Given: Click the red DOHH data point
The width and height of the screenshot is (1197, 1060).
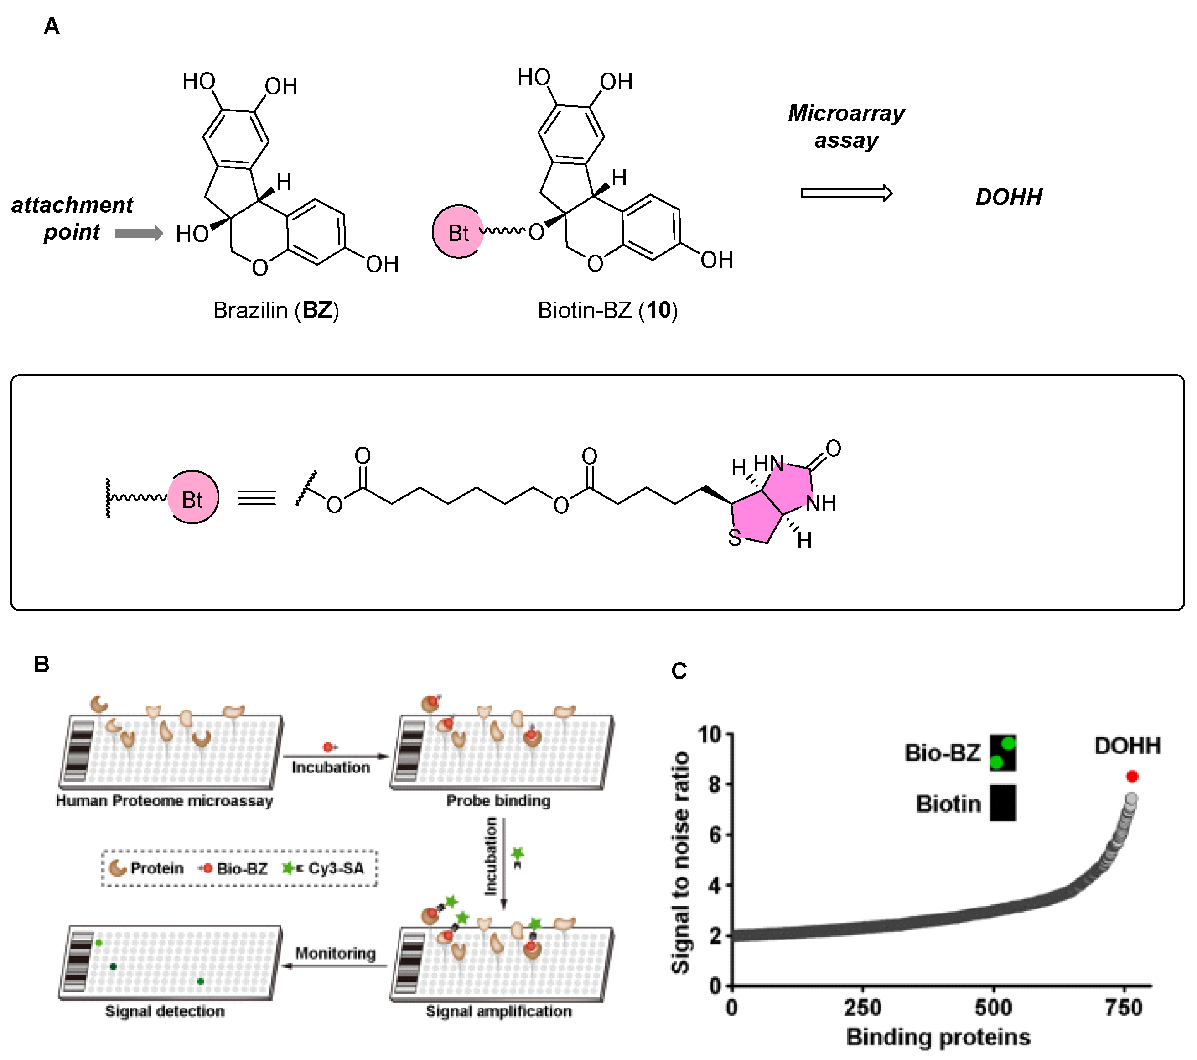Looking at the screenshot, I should [x=1131, y=776].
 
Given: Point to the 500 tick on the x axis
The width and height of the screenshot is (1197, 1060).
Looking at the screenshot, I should [x=993, y=1007].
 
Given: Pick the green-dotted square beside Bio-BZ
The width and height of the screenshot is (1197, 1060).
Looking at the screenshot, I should [x=1003, y=753].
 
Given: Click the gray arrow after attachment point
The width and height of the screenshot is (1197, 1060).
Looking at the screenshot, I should [x=138, y=234].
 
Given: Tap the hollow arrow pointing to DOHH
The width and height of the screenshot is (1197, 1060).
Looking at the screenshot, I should [x=846, y=193].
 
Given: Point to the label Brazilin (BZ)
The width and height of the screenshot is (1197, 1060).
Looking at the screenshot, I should [x=276, y=310].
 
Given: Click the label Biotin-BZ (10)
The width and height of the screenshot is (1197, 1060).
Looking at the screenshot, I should [x=607, y=310].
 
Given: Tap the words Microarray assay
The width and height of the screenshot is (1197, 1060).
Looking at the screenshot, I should [x=846, y=126].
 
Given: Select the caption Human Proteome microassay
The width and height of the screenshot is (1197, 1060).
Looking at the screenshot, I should [x=164, y=800].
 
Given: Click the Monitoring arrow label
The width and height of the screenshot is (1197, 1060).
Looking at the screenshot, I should [x=335, y=953].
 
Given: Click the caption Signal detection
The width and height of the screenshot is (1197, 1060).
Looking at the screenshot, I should [x=165, y=1011].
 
